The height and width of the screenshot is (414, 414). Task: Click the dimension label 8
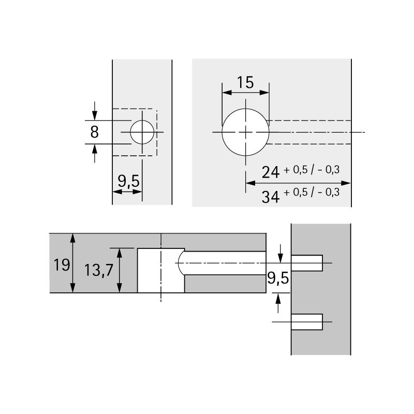click(x=94, y=132)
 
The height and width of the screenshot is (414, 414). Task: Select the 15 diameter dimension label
click(x=245, y=82)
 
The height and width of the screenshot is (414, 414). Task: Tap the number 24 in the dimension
click(x=270, y=172)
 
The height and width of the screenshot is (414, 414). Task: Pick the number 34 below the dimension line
click(x=270, y=196)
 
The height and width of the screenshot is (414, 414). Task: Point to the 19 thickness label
click(x=62, y=265)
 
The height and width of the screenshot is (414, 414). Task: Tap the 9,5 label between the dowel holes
click(x=277, y=279)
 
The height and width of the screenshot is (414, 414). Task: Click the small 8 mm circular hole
click(x=142, y=132)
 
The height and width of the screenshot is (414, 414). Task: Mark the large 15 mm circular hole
click(x=245, y=132)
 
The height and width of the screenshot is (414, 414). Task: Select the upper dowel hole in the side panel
click(x=307, y=263)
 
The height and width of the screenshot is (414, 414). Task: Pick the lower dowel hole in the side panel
click(x=307, y=322)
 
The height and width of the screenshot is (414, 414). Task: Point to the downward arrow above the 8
click(x=94, y=110)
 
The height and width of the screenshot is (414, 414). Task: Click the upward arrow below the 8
click(x=94, y=153)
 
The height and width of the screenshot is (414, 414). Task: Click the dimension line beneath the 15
click(x=245, y=93)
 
